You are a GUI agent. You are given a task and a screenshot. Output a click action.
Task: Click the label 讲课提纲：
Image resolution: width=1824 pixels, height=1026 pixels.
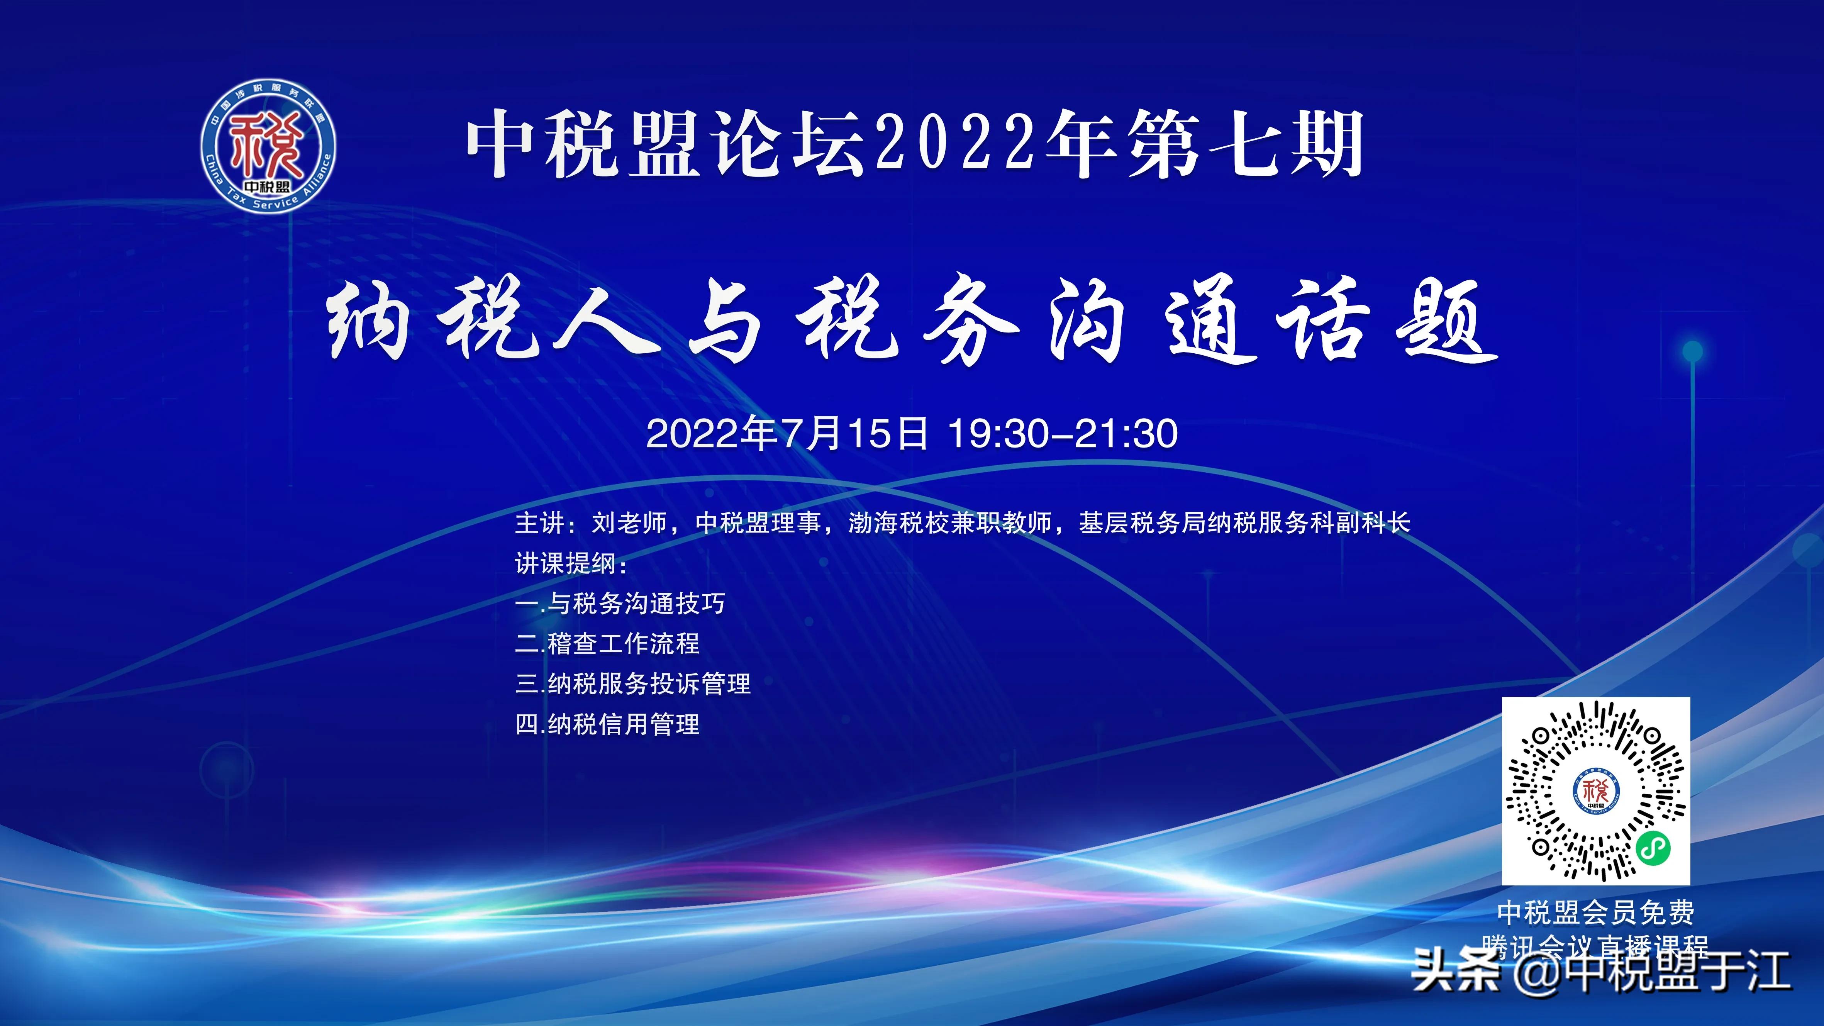571,564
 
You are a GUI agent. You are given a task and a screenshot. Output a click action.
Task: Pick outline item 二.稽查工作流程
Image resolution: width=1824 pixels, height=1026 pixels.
607,644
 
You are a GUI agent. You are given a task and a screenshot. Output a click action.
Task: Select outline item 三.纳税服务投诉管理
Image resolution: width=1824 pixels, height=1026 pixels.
633,684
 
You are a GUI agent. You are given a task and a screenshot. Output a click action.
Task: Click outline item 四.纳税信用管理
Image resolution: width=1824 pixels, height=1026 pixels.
607,724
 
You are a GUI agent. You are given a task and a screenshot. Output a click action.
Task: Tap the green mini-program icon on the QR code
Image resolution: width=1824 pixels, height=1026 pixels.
1653,848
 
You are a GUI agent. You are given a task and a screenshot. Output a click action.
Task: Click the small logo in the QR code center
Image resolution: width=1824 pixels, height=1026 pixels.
1596,791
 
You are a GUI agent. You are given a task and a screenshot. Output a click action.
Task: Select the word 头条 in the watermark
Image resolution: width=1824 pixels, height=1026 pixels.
1455,971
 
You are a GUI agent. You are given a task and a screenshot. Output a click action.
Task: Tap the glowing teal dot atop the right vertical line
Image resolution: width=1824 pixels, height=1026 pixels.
1692,351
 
